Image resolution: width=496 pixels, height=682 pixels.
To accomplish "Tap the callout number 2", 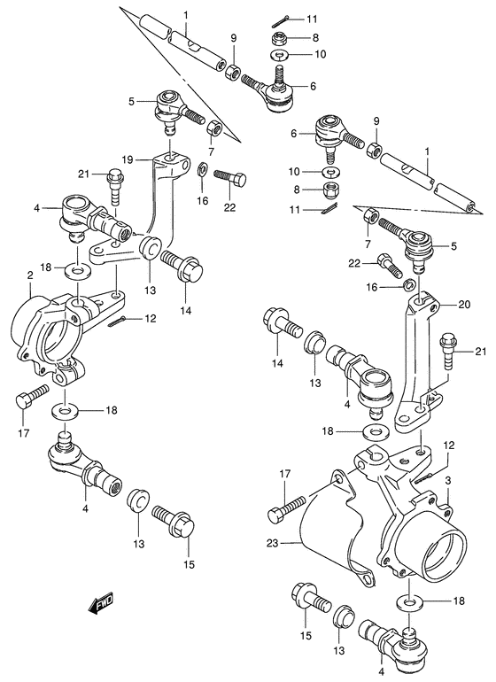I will tap(29, 276).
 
